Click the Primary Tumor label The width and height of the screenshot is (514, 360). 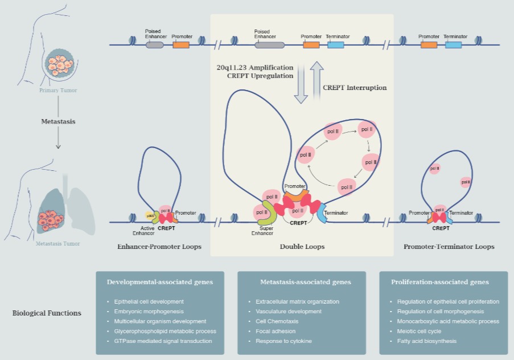pyautogui.click(x=58, y=91)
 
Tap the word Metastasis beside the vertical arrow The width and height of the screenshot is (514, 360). pyautogui.click(x=58, y=121)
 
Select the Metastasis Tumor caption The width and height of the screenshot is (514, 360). pyautogui.click(x=58, y=244)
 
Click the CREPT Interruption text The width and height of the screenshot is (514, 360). pyautogui.click(x=355, y=88)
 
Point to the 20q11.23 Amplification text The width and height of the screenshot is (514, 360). pyautogui.click(x=255, y=67)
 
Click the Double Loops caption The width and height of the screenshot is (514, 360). pyautogui.click(x=302, y=247)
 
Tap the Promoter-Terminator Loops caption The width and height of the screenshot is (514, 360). pyautogui.click(x=449, y=247)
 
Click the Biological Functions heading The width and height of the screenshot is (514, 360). pyautogui.click(x=47, y=313)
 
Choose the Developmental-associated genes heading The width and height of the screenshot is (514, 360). pyautogui.click(x=160, y=282)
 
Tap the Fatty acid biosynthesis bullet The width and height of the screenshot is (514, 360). pyautogui.click(x=423, y=341)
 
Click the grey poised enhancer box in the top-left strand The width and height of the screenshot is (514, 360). pyautogui.click(x=155, y=44)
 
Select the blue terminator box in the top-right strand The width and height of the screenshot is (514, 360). pyautogui.click(x=453, y=44)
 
